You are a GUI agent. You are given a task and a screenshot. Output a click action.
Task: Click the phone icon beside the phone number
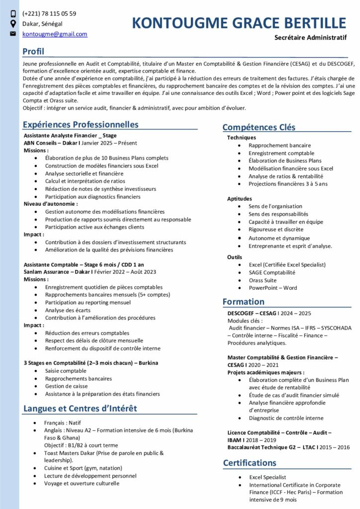point(13,14)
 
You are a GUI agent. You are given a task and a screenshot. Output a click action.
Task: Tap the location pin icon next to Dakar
point(13,24)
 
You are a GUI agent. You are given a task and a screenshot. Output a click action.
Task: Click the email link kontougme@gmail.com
point(55,34)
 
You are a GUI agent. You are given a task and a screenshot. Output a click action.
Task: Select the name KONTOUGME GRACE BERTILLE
point(239,23)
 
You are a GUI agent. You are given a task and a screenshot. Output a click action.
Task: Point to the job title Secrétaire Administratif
point(310,38)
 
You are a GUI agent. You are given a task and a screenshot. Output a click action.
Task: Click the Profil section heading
point(33,52)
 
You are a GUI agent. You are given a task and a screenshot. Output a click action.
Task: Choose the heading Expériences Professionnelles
point(81,125)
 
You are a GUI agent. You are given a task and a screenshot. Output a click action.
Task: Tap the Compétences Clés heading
point(259,127)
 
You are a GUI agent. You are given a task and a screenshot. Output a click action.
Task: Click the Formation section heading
point(243,302)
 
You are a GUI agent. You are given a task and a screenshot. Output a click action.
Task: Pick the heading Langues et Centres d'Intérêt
point(80,409)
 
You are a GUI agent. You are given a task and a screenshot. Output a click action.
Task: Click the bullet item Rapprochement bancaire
point(279,146)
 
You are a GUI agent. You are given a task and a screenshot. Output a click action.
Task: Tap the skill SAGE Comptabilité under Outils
point(272,272)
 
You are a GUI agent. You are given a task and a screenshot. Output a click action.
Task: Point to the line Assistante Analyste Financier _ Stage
point(70,135)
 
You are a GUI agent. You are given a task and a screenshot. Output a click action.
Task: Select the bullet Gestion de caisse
point(66,386)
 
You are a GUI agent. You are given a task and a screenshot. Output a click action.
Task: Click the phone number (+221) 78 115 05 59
point(49,13)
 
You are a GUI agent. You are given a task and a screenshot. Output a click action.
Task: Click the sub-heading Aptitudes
point(240,198)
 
